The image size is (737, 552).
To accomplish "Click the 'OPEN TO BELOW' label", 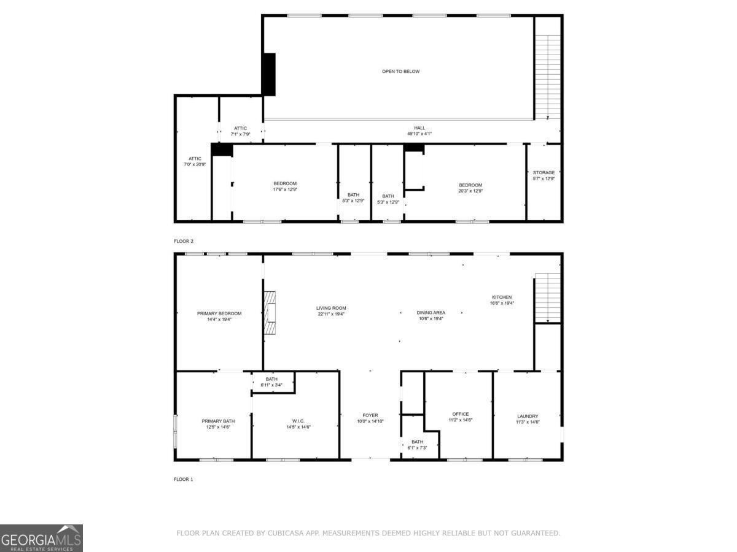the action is [400, 71].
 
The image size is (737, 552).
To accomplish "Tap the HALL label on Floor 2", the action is [419, 128].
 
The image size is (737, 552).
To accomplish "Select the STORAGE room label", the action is [544, 172].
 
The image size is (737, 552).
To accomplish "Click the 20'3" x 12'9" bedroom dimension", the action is [470, 191].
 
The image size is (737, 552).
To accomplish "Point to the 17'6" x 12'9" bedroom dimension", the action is [285, 190].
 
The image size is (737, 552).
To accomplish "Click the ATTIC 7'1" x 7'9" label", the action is [240, 131].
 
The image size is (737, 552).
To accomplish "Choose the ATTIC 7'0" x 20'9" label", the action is [195, 161].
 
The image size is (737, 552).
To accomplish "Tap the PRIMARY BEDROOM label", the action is [219, 313].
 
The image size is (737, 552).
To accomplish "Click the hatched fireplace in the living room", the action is [270, 313].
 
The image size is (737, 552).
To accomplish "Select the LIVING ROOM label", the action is [331, 308].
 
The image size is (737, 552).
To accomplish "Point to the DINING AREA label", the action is [431, 313].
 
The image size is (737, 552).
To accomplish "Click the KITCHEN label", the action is [502, 297].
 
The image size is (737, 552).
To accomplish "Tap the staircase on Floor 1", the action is [548, 298].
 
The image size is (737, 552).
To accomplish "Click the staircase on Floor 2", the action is [548, 77].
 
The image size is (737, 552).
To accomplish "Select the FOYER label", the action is [370, 415].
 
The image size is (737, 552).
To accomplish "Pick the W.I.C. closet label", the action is [298, 421].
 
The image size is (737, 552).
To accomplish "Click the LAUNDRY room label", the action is [528, 416].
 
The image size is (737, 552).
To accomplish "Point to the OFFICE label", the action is [461, 414].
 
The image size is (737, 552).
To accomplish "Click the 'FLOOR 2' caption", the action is [184, 241].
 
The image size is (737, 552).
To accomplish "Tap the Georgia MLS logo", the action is [41, 539].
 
